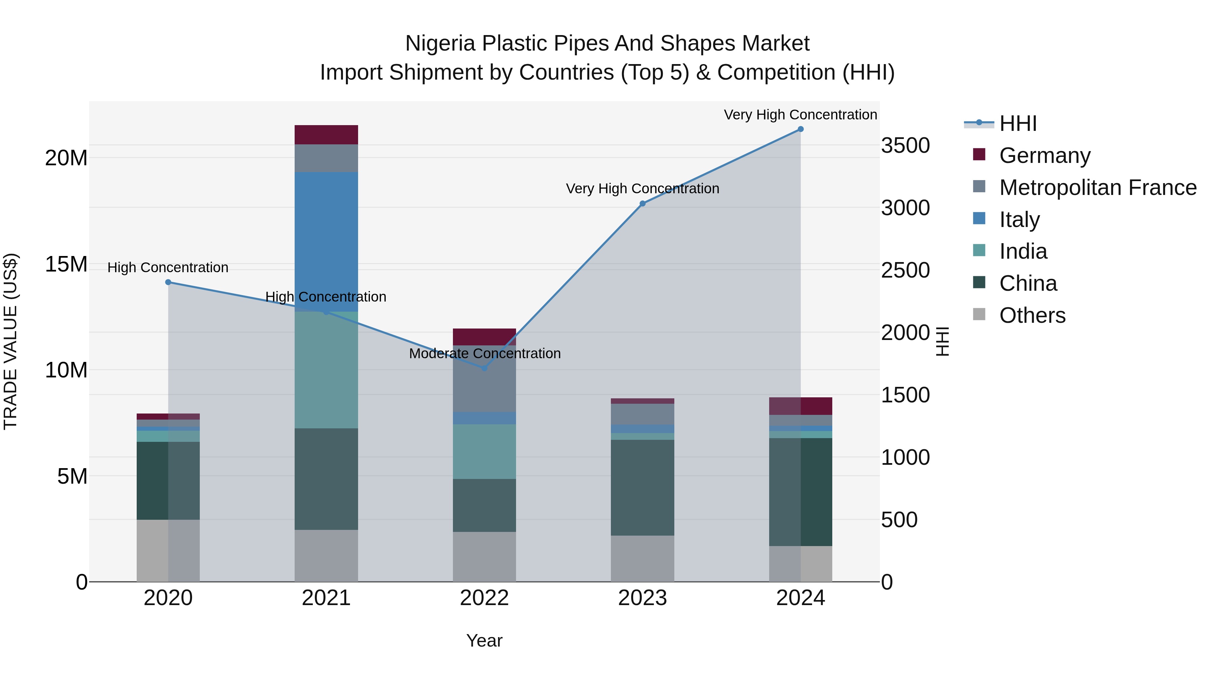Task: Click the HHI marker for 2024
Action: pos(801,129)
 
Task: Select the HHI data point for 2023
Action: pos(642,204)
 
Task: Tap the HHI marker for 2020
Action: pos(168,282)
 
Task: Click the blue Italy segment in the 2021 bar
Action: pos(326,241)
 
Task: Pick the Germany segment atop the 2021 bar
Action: pos(326,135)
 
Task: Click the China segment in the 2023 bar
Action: pos(642,487)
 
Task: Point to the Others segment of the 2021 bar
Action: pos(326,556)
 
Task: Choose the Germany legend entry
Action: pos(1044,155)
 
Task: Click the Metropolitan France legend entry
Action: pos(1097,188)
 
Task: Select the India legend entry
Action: pos(1023,251)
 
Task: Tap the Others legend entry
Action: pos(1032,315)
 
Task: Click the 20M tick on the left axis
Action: pos(66,158)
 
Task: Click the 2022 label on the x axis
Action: pos(484,598)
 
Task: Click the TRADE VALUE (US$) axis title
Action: pos(10,341)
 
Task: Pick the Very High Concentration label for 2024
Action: pos(801,115)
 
